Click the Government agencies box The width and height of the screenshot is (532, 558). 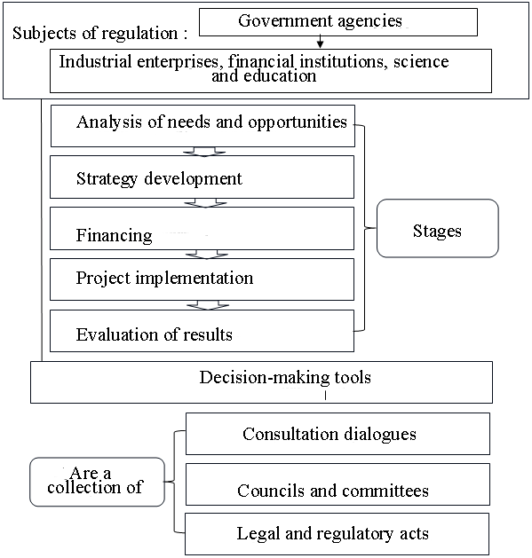[x=337, y=22]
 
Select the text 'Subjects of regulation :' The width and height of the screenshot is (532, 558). [x=99, y=34]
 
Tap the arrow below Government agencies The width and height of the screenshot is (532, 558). [x=320, y=42]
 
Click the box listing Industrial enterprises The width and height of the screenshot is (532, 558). [x=271, y=71]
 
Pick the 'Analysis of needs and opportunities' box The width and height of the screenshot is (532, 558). [x=202, y=126]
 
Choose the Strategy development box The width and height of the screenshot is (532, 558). [x=202, y=177]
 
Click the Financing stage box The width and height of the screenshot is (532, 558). [x=202, y=229]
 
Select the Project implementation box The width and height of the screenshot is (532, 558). [x=202, y=279]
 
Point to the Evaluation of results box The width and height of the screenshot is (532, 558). [x=202, y=331]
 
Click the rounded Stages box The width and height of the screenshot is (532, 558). [x=438, y=228]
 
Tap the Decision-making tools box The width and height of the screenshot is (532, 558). [x=261, y=382]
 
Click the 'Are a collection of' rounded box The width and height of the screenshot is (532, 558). [x=98, y=482]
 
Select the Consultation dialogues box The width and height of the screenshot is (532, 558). [x=337, y=434]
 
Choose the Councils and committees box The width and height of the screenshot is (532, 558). [x=337, y=484]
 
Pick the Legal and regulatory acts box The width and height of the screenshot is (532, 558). [x=337, y=534]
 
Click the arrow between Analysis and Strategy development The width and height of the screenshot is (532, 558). [x=204, y=152]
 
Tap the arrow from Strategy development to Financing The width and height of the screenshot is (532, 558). [x=205, y=203]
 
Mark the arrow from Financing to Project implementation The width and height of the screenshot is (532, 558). [x=207, y=254]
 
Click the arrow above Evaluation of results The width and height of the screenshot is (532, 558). [x=208, y=305]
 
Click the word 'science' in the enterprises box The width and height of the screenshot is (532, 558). [x=421, y=61]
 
